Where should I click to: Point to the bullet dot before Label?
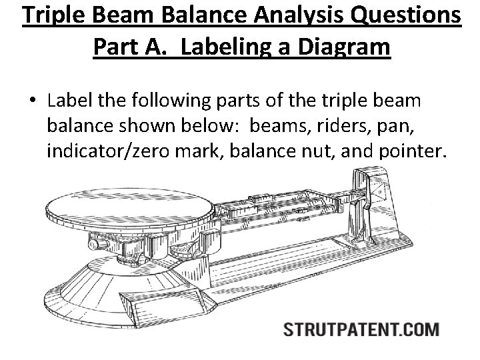[x=33, y=102]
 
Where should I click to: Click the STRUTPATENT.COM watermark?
[x=361, y=329]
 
